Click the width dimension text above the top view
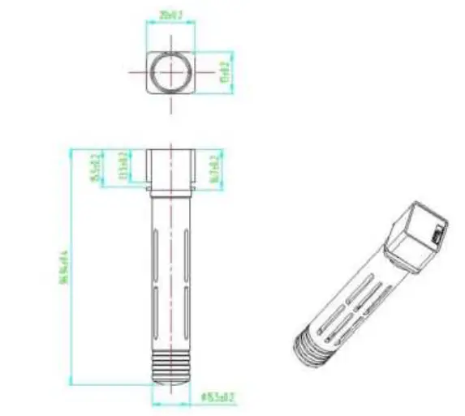170,15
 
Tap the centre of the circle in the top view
170,70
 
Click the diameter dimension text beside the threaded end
217,398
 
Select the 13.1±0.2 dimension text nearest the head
123,165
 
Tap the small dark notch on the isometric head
437,236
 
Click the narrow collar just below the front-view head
172,192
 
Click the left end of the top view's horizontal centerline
130,70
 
